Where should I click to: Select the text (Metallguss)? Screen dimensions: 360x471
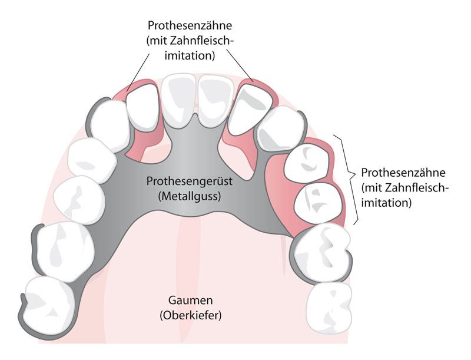(x=189, y=196)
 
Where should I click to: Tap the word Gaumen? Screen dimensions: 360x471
(x=190, y=302)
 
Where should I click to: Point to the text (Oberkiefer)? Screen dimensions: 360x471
(x=190, y=316)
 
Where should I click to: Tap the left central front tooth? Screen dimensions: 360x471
(x=180, y=100)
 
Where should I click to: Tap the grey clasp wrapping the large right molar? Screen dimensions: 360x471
(x=347, y=259)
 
